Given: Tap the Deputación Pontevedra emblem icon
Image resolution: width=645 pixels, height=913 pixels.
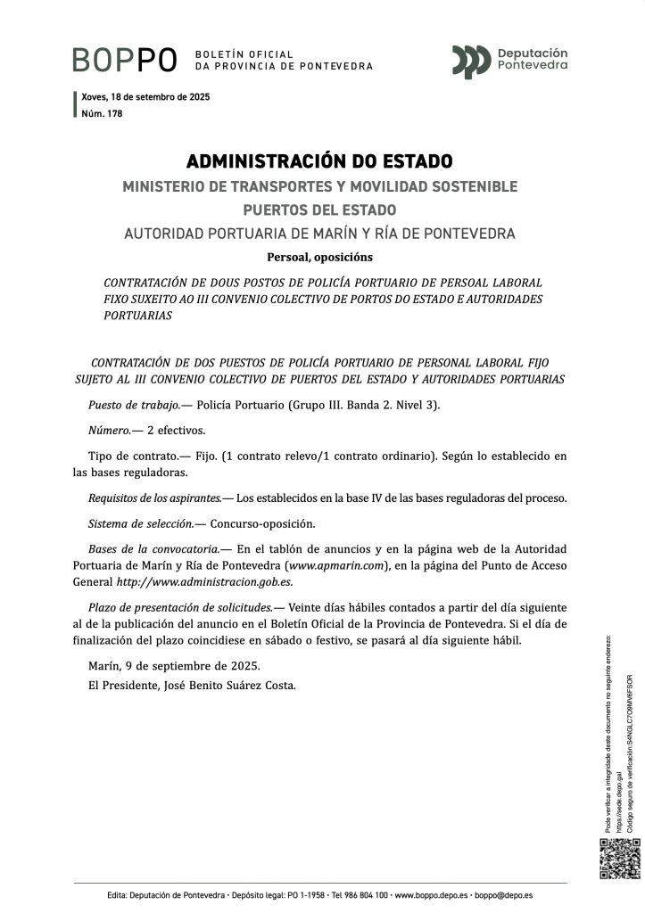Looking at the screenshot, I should (x=470, y=62).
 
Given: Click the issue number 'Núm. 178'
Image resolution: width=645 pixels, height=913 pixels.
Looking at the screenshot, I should (x=102, y=113).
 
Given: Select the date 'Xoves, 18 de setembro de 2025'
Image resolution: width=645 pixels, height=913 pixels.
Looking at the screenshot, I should (x=145, y=96).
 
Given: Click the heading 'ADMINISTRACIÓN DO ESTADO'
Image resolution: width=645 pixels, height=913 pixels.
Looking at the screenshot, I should (x=319, y=161).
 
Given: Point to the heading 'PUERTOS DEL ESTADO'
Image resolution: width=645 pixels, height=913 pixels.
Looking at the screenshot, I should (x=319, y=210).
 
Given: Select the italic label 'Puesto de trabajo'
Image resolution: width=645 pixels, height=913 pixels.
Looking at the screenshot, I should (x=133, y=405).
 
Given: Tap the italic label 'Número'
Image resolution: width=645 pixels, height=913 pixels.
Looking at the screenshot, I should (x=109, y=430).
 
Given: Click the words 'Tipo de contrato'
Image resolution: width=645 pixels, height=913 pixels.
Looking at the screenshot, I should (x=126, y=456).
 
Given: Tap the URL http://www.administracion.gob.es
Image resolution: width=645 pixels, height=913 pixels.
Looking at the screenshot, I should (x=205, y=582).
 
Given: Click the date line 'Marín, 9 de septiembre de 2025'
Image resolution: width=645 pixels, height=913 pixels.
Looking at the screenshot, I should (x=174, y=665).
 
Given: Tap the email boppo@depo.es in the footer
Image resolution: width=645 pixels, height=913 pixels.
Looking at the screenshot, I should (x=503, y=894).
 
